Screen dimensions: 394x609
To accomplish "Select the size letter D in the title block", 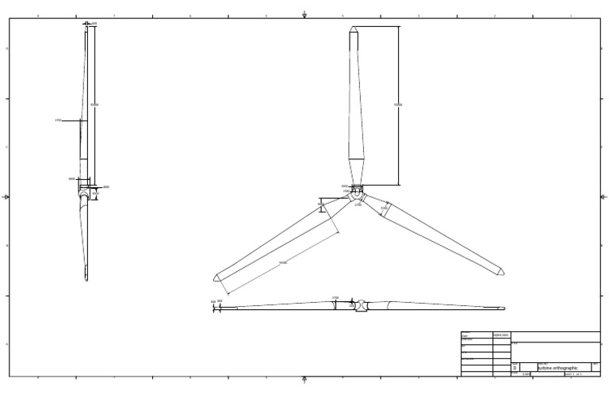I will click(515, 368).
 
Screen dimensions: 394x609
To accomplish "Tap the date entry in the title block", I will click(501, 335).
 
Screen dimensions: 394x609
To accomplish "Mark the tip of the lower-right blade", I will click(502, 274).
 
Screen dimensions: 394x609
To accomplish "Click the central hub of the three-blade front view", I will click(357, 194).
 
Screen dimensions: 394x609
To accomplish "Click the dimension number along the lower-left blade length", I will click(283, 262).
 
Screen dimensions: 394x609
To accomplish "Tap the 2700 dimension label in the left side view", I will click(58, 120).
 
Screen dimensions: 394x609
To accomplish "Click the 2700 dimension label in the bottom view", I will click(335, 298).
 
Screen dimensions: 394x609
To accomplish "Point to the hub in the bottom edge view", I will click(361, 305).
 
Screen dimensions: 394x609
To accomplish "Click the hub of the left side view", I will click(86, 189).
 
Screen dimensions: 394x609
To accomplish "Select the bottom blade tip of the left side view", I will click(86, 278).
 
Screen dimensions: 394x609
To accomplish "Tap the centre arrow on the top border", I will click(305, 14).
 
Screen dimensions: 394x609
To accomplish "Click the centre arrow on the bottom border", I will click(305, 379).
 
